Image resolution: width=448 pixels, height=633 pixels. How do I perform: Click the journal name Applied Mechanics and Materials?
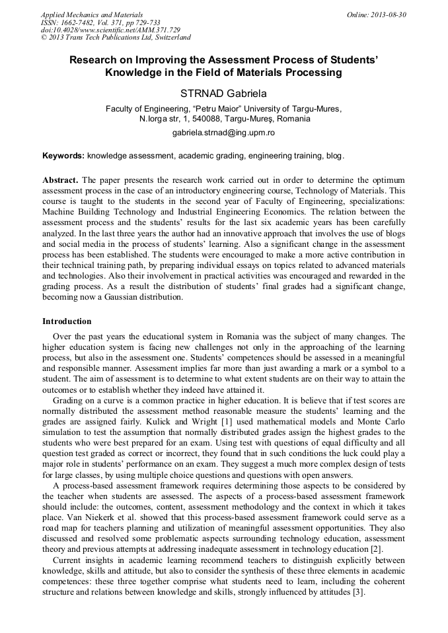pos(91,14)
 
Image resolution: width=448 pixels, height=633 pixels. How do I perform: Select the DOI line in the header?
pos(110,30)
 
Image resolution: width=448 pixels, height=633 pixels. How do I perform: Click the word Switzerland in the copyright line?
pos(168,38)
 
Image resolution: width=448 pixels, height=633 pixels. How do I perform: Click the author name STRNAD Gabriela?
pos(223,93)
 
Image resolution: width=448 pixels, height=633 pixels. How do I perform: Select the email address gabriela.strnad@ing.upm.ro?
pos(223,133)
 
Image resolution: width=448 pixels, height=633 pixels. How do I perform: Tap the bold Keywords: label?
pos(63,156)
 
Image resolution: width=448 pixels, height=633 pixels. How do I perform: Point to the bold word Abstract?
pos(60,180)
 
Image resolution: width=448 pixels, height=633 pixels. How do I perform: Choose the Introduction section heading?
pos(67,321)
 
